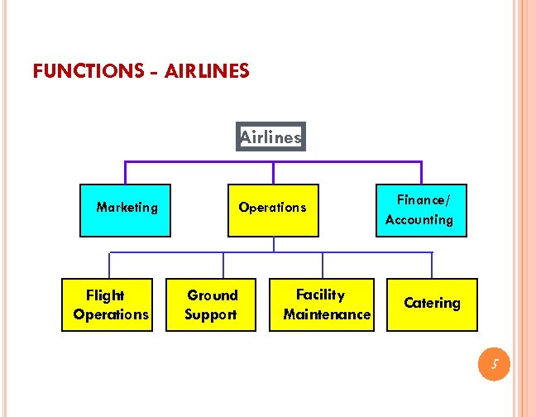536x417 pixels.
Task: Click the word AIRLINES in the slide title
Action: [207, 71]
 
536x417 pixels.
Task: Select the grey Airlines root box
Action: [271, 137]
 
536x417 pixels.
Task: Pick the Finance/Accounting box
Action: [421, 210]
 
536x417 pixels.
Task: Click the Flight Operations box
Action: [108, 304]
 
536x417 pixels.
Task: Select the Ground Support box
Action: [211, 304]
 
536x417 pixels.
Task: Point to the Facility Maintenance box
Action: [323, 304]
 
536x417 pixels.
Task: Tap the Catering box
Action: [432, 304]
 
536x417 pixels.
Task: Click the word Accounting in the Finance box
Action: [419, 220]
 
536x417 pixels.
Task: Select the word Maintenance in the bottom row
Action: [327, 314]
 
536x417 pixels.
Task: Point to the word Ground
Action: [212, 295]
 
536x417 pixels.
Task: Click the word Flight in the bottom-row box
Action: [105, 295]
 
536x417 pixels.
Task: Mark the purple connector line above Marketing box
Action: [125, 171]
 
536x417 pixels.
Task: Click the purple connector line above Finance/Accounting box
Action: [421, 171]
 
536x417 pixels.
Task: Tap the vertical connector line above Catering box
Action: [432, 265]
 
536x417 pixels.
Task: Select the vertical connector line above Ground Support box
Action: [223, 265]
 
